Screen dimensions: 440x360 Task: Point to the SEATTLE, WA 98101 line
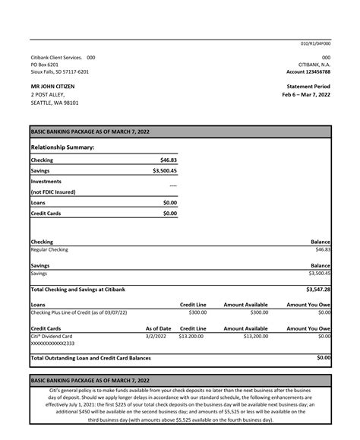coord(54,103)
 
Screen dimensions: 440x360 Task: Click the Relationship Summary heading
coord(62,147)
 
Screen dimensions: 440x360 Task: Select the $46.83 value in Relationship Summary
coord(168,160)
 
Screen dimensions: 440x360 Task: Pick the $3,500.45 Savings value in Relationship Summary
coord(164,171)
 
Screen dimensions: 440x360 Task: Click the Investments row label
coord(47,182)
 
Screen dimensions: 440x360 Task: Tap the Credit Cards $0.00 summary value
coord(169,214)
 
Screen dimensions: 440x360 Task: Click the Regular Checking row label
coord(49,249)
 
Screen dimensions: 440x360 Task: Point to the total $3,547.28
coord(317,290)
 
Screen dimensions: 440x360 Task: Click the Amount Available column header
coord(245,304)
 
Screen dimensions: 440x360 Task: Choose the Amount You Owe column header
coord(308,304)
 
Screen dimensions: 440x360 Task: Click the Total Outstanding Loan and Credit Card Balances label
coord(90,357)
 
